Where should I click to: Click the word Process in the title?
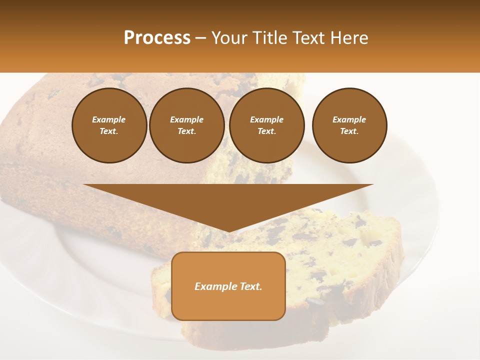click(x=157, y=38)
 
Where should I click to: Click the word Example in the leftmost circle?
click(x=109, y=119)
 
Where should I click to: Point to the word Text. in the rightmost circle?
click(x=349, y=131)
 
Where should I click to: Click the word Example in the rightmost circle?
click(x=349, y=119)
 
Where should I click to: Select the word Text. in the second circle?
click(x=187, y=131)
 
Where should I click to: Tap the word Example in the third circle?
click(x=266, y=119)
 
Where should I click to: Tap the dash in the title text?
click(x=201, y=38)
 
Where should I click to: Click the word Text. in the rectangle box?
click(x=250, y=286)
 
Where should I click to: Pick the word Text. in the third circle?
click(x=266, y=131)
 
